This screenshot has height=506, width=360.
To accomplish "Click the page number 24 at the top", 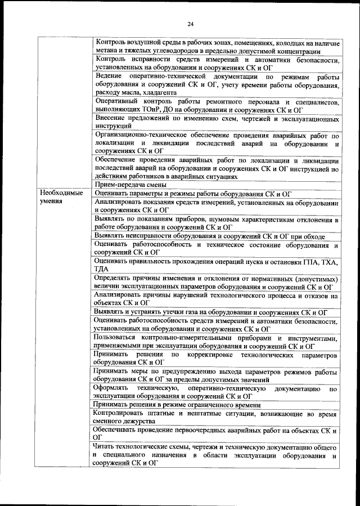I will (190, 24).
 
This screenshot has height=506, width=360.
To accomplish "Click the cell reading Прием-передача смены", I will (130, 184).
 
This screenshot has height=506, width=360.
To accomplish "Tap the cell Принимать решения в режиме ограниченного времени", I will (178, 405).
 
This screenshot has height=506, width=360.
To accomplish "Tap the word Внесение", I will (111, 119).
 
